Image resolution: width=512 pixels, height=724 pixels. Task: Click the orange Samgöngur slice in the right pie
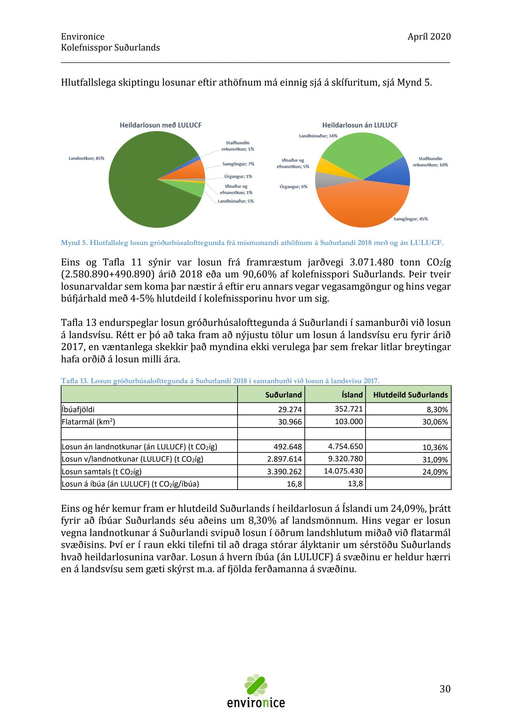(x=362, y=205)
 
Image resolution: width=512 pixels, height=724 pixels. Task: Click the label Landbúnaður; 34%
(x=318, y=136)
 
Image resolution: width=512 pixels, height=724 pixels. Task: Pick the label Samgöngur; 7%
(x=238, y=164)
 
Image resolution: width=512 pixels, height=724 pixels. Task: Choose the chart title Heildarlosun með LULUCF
(x=160, y=125)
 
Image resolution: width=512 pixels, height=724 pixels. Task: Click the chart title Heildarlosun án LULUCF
(x=360, y=125)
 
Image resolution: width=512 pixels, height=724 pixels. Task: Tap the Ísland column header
(x=352, y=395)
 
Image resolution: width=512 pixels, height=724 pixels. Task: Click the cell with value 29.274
(x=290, y=409)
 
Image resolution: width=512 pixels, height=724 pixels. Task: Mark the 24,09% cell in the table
(x=435, y=472)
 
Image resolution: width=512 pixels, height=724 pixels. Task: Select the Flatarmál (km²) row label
(x=88, y=422)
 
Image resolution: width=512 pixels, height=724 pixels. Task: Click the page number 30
(x=445, y=689)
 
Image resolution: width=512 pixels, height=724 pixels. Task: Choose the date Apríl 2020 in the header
(x=429, y=37)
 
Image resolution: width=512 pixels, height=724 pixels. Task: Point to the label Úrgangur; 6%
(x=294, y=187)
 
